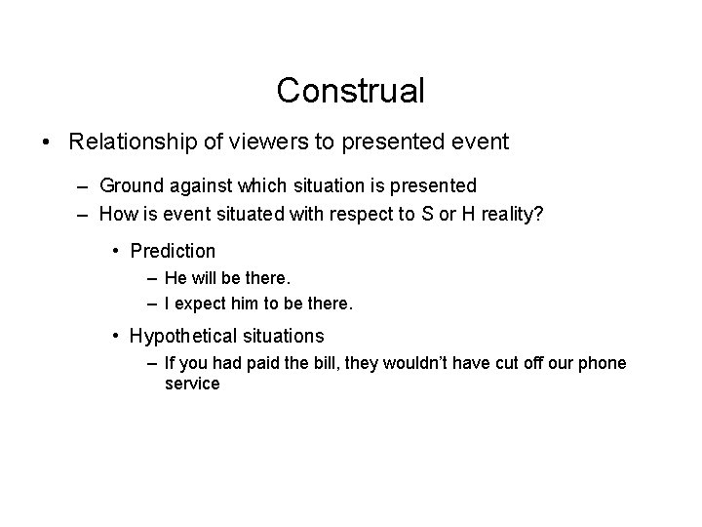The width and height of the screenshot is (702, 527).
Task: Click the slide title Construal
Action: [x=351, y=91]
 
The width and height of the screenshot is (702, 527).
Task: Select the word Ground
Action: [x=127, y=184]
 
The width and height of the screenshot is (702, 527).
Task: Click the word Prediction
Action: [x=173, y=251]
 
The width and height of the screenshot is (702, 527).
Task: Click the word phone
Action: [x=603, y=364]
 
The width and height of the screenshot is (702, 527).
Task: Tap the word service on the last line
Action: [x=193, y=385]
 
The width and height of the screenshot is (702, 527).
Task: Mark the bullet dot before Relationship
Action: [x=49, y=143]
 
